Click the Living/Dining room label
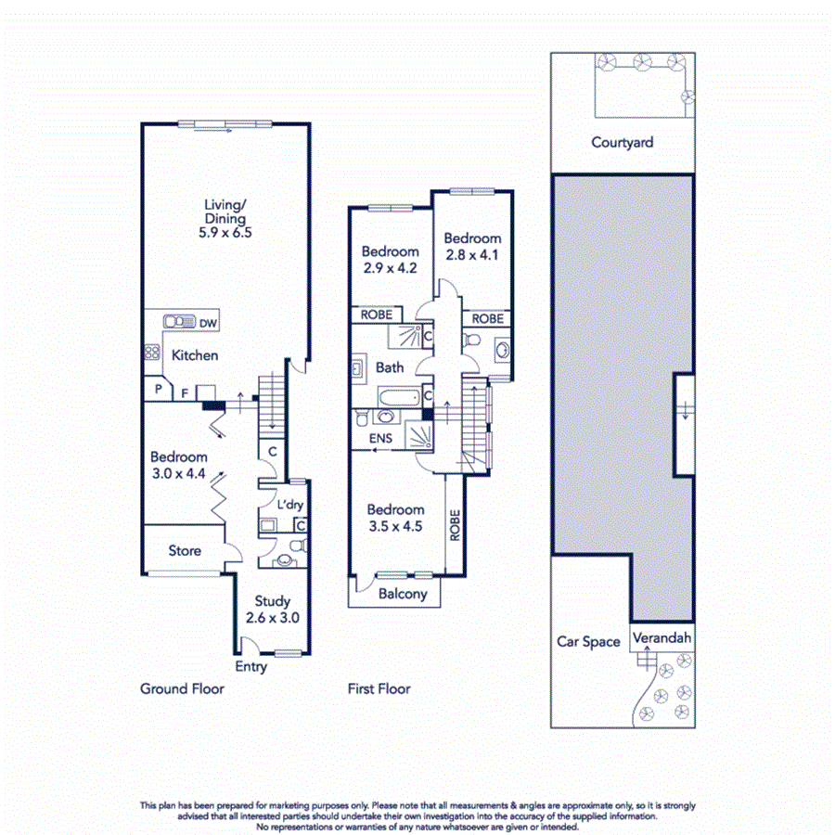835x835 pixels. [225, 219]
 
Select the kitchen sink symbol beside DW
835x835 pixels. [176, 322]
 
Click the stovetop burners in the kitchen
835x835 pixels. [151, 353]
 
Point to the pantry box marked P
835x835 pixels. [158, 390]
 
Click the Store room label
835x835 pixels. [185, 550]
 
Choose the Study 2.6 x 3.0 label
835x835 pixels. [272, 609]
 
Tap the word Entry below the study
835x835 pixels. [250, 666]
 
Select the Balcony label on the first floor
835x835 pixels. [403, 594]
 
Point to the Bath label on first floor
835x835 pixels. [390, 367]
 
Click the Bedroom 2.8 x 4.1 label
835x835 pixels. [471, 246]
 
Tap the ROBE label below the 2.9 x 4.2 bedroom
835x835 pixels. [376, 315]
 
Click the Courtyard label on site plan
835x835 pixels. [623, 142]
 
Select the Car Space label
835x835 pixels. [588, 641]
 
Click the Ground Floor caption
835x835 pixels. [182, 688]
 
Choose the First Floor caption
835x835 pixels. [379, 688]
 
